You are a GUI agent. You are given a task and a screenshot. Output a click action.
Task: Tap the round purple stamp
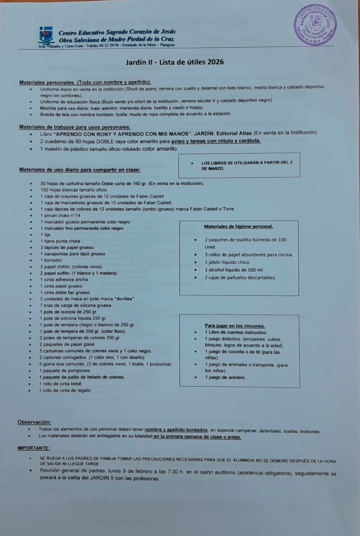pos(316,25)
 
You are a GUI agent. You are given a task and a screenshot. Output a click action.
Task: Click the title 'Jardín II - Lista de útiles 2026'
pos(175,62)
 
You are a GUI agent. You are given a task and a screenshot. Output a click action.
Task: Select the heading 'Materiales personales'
pos(85,82)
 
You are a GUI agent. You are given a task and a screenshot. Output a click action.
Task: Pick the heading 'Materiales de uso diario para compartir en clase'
pos(80,169)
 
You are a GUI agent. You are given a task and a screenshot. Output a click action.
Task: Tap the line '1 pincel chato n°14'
pos(61,215)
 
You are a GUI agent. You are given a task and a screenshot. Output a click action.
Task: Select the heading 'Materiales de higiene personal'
pos(239,226)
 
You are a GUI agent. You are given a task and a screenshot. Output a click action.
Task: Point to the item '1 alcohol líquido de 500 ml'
pos(234,270)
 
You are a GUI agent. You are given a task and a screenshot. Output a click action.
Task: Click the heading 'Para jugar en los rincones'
pos(235,326)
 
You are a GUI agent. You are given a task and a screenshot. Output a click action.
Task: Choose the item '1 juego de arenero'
pos(225,378)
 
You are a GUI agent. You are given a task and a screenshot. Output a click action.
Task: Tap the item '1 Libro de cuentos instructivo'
pos(236,332)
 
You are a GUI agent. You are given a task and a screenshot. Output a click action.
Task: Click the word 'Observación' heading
pos(34,422)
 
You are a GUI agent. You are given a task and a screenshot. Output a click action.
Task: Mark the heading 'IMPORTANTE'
pos(33,448)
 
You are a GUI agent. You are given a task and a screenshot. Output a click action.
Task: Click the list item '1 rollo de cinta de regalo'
pos(65,390)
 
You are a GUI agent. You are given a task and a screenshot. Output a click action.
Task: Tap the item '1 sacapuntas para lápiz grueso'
pos(73,254)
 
